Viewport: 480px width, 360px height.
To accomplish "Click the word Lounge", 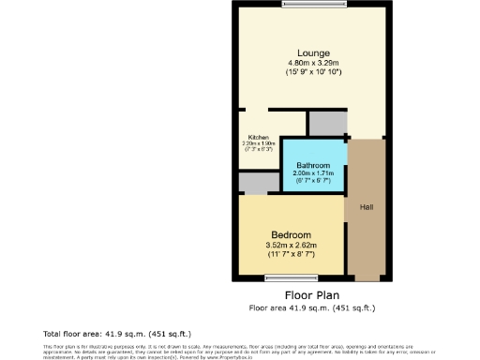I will [x=313, y=52].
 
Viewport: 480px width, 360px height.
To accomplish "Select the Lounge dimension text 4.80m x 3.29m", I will [x=313, y=63].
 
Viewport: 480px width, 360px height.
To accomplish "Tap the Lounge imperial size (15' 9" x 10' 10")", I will [x=313, y=72].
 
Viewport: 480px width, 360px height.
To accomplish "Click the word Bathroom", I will [x=313, y=165].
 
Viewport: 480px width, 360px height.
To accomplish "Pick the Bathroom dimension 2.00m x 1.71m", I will [x=313, y=173].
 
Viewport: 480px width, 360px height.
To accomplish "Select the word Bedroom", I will [x=291, y=234].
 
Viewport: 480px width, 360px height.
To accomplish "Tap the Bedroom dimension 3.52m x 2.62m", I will [x=291, y=246].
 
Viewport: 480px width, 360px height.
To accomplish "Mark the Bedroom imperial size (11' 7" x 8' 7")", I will [x=291, y=255].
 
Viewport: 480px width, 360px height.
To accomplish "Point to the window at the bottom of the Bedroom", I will [x=291, y=276].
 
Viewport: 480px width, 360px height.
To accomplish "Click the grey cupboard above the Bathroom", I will [x=326, y=123].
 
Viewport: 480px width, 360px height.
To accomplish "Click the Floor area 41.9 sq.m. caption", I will [x=312, y=307].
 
